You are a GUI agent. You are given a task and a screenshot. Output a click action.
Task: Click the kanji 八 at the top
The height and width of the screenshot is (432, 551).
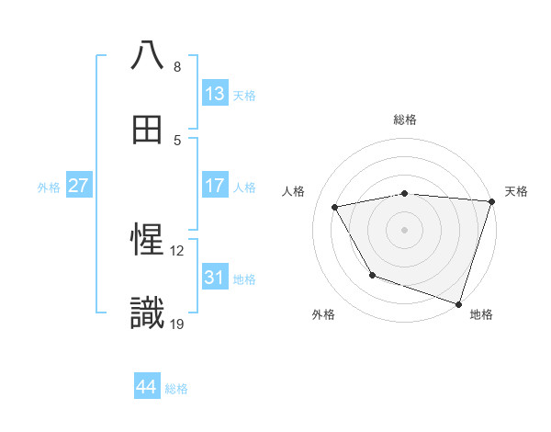click(x=147, y=55)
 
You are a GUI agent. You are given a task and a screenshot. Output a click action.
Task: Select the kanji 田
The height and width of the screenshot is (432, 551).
click(x=147, y=130)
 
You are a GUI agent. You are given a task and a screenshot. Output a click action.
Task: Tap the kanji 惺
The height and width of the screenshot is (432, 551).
click(x=147, y=240)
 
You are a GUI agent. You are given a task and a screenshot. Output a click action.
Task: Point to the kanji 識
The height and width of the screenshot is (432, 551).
click(x=147, y=313)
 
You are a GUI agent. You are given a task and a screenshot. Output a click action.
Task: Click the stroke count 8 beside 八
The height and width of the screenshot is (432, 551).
click(x=177, y=67)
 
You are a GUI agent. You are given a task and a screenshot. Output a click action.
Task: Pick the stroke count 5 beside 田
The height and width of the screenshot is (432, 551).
click(x=177, y=141)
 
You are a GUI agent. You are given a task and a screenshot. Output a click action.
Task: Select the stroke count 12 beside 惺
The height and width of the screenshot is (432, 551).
click(x=177, y=250)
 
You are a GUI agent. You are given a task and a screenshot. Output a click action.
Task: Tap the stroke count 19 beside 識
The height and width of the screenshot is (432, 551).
click(x=177, y=324)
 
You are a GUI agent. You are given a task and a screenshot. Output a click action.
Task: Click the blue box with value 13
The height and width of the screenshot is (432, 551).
click(x=215, y=94)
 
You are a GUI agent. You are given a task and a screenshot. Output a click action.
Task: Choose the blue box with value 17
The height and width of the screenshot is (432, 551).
click(x=215, y=186)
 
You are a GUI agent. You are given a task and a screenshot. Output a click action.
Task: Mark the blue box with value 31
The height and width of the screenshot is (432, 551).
click(x=215, y=277)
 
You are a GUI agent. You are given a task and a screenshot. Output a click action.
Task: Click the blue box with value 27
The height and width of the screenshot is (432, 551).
click(x=78, y=186)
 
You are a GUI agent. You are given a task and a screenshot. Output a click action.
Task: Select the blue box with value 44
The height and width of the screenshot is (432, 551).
click(x=146, y=387)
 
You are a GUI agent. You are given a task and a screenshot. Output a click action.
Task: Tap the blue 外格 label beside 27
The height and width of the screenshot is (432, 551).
click(x=49, y=187)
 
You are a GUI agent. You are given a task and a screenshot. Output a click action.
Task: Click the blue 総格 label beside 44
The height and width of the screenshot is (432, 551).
click(x=176, y=389)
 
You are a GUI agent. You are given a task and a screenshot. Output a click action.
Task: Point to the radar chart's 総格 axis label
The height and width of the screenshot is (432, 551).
click(x=405, y=119)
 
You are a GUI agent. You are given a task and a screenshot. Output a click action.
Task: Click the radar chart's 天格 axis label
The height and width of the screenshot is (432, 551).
click(x=516, y=191)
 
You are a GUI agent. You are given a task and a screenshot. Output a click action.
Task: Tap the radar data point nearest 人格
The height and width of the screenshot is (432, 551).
click(x=335, y=208)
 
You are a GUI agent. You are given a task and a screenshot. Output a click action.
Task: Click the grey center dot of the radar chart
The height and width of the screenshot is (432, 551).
click(x=405, y=229)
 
